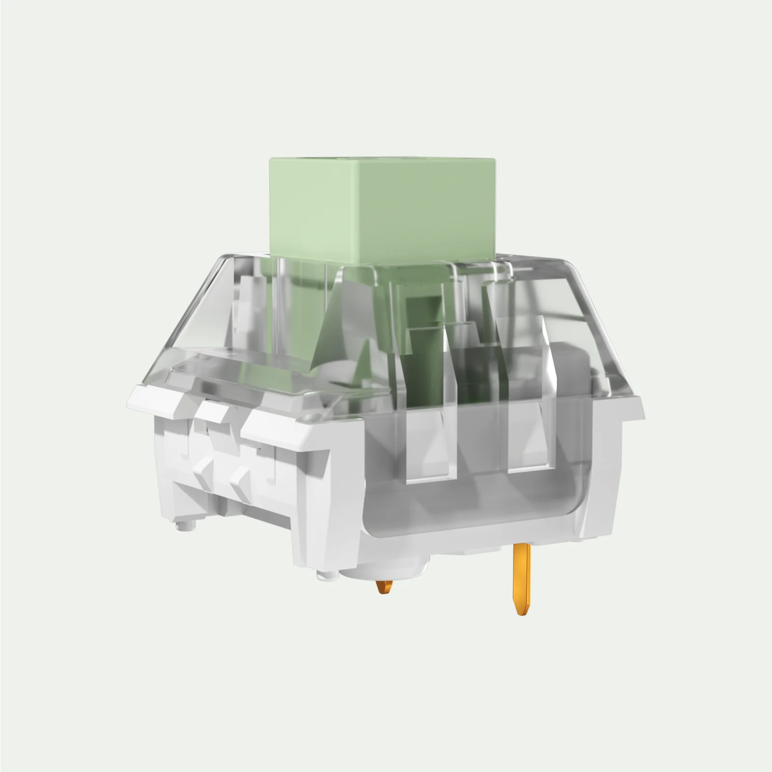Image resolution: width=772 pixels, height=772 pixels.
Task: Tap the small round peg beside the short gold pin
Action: (x=327, y=574)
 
